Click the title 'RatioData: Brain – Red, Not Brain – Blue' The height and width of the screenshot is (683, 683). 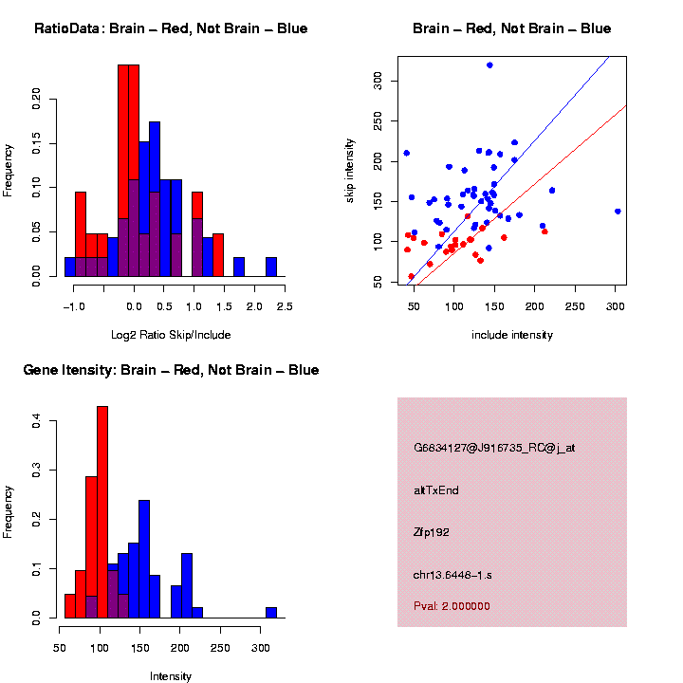(x=171, y=28)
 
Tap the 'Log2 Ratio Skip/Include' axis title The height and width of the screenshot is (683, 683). (x=171, y=335)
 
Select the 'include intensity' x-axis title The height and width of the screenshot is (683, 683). (x=512, y=335)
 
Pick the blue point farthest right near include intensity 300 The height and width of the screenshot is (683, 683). (x=618, y=211)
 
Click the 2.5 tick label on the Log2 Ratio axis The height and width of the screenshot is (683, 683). (x=284, y=306)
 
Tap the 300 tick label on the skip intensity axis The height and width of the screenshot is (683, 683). (x=378, y=82)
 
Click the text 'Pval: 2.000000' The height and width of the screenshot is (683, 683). (x=452, y=606)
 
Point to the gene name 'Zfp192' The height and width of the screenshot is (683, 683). (x=432, y=532)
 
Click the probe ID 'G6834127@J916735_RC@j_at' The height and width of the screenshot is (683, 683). (x=493, y=448)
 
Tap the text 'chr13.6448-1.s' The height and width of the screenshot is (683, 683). (x=452, y=575)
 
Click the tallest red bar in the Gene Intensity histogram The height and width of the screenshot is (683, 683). (x=102, y=512)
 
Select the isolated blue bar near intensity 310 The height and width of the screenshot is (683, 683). (x=271, y=613)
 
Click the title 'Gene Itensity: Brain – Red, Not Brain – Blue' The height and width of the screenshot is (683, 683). (x=171, y=370)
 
